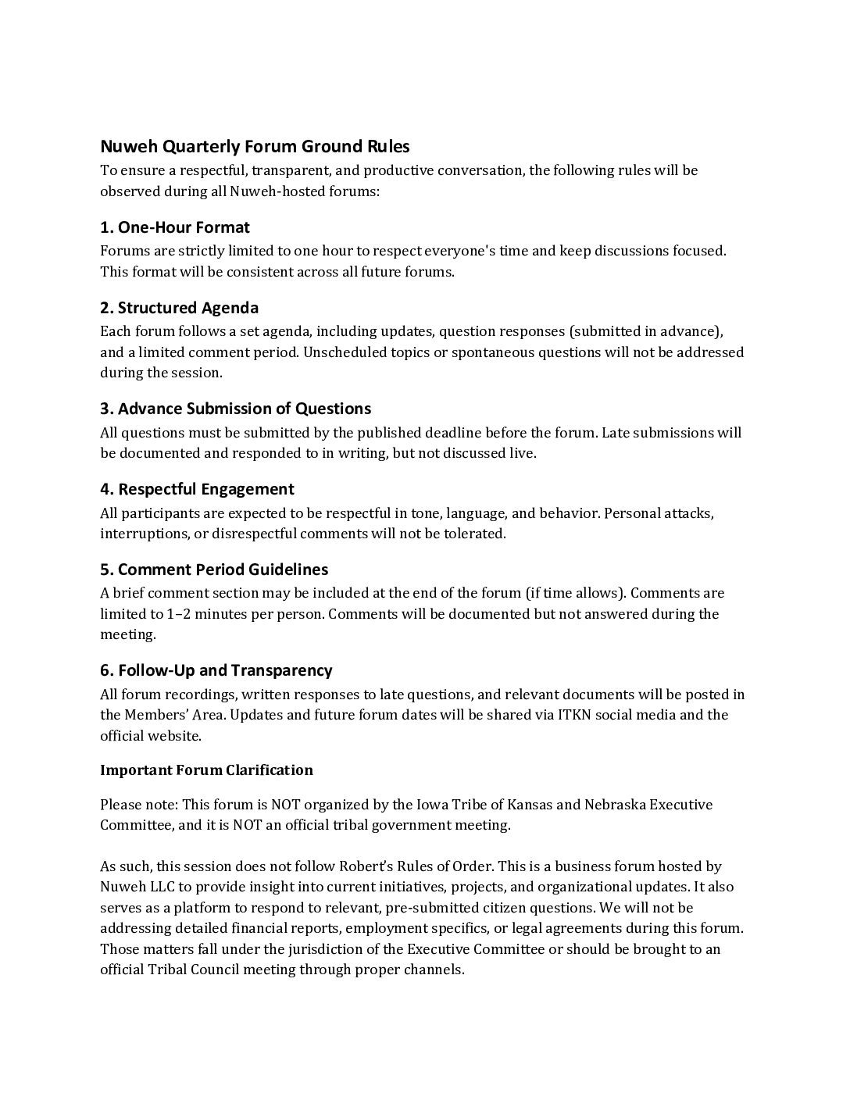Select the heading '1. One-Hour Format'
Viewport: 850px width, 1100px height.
click(x=175, y=227)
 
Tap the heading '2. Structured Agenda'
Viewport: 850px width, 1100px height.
click(x=179, y=308)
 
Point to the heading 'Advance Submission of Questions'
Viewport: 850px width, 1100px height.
click(x=245, y=409)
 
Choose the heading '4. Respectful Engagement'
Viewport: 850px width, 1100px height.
click(x=197, y=489)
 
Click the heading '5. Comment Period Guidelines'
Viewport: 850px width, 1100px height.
click(x=214, y=570)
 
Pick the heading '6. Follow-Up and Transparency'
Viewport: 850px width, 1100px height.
click(x=216, y=670)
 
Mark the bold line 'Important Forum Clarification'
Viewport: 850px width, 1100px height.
click(x=206, y=770)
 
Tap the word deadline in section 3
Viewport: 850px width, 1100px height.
click(x=453, y=433)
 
